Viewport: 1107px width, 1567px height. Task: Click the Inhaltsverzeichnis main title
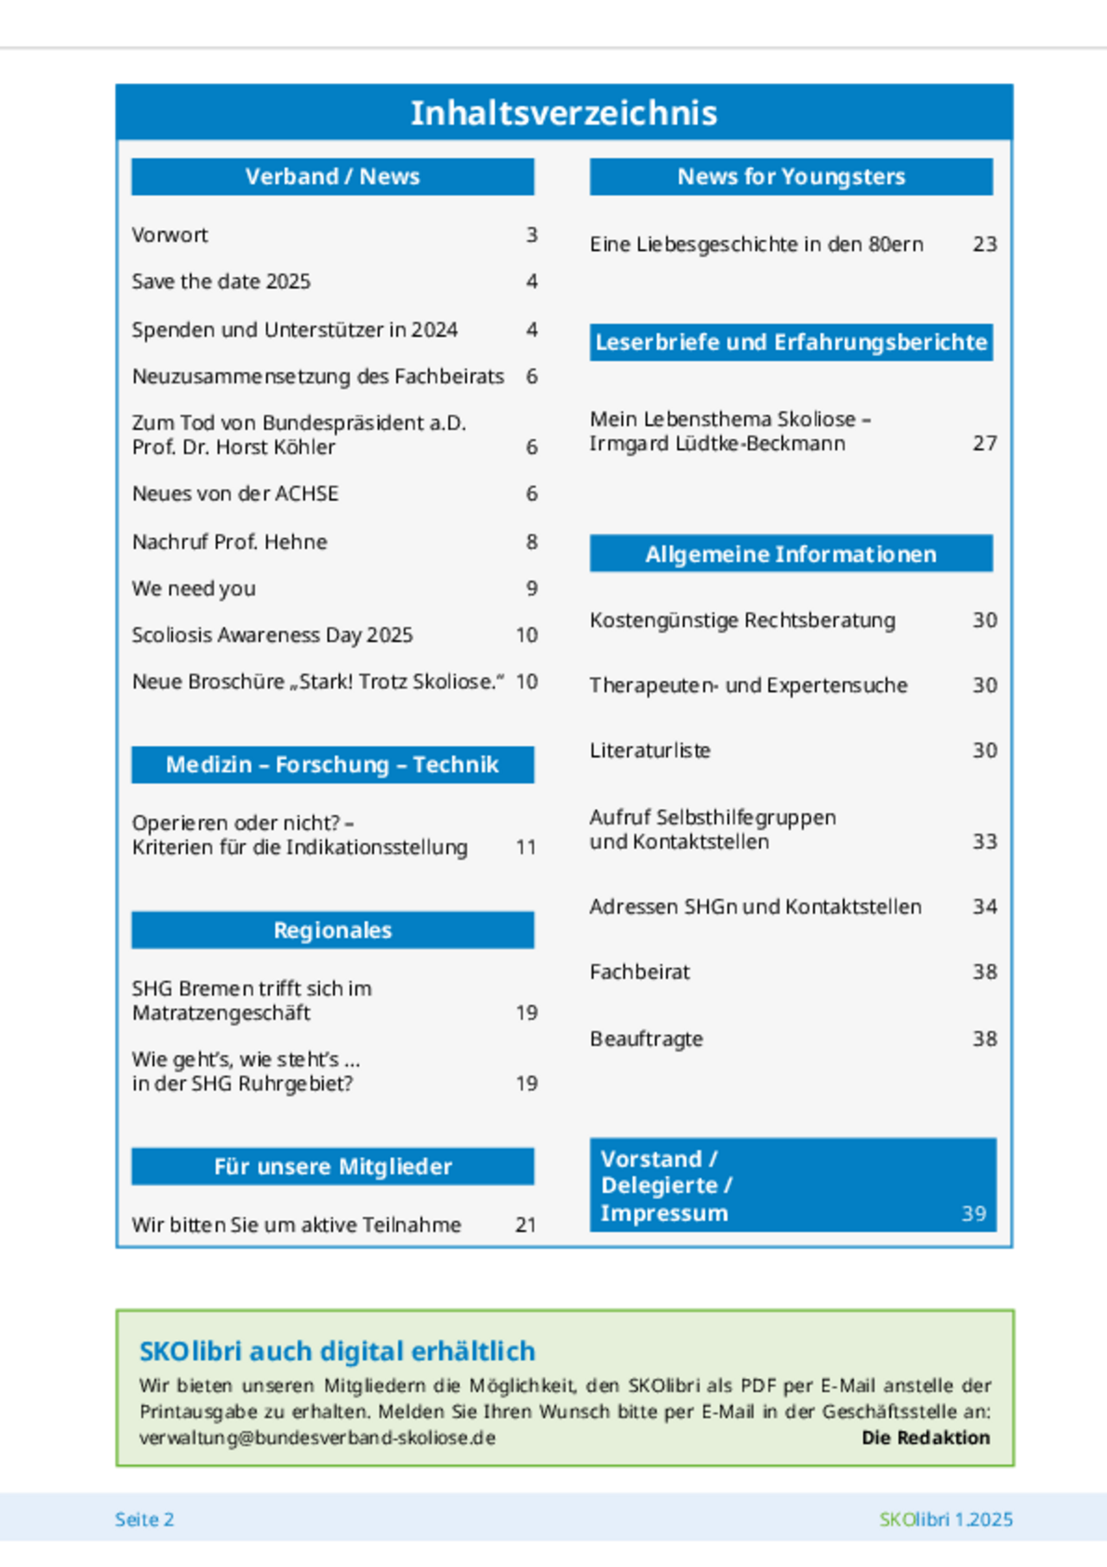coord(564,113)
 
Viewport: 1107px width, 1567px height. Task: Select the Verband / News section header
coord(332,177)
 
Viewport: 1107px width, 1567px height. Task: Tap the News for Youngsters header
coord(790,177)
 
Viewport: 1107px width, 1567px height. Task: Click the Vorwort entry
coord(170,235)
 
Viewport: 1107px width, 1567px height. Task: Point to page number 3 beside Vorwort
coord(531,235)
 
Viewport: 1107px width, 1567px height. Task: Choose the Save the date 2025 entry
coord(221,282)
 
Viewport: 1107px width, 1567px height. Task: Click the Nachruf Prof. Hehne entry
coord(229,543)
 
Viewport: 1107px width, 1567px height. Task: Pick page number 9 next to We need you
coord(531,589)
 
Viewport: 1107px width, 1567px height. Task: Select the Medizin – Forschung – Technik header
coord(332,765)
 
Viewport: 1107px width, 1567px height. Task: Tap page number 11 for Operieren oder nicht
coord(526,848)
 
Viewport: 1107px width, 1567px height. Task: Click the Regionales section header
coord(332,930)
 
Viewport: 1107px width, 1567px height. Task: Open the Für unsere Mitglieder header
coord(332,1166)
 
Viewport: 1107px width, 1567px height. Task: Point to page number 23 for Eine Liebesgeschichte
coord(984,245)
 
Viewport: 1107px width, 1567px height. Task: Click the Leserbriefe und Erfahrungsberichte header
coord(790,343)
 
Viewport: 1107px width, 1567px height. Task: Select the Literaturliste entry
coord(649,751)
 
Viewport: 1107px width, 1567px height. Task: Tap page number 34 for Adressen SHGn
coord(984,908)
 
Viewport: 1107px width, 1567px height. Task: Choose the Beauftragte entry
coord(646,1039)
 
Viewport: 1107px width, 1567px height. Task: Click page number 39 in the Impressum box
coord(974,1214)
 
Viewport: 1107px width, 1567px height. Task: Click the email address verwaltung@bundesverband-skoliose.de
coord(317,1438)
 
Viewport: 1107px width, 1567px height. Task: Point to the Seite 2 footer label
coord(144,1519)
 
